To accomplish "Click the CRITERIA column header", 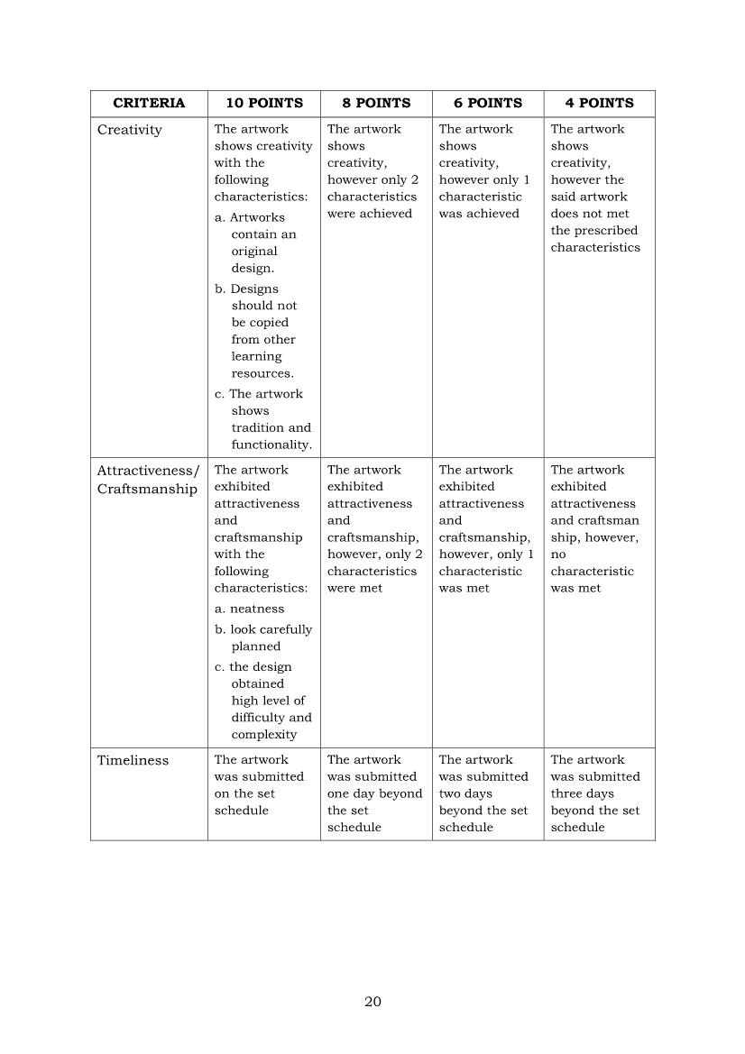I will tap(149, 103).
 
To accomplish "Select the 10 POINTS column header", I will tap(263, 103).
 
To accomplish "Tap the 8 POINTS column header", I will tap(376, 103).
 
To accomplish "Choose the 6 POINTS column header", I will tap(487, 103).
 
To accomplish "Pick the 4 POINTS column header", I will tap(599, 103).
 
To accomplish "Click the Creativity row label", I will tap(130, 130).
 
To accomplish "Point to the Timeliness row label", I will tap(133, 760).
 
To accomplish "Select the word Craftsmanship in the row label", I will tap(147, 490).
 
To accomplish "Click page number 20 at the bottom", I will tap(372, 1002).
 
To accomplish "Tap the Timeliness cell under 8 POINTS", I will tap(374, 793).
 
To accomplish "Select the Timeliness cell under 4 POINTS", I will tap(595, 793).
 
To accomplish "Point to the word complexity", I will tap(264, 734).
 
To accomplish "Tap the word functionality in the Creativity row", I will tap(271, 445).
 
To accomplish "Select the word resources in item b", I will tap(262, 373).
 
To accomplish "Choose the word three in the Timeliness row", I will tap(569, 793).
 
